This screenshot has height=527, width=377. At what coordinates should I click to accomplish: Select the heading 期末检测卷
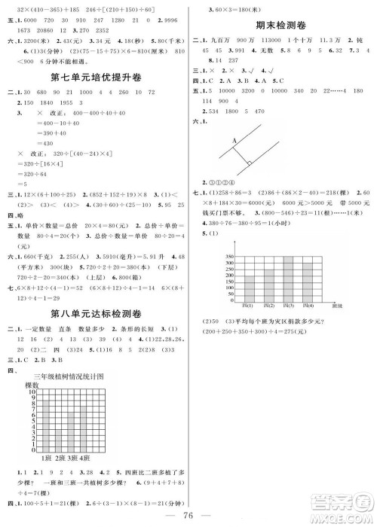pos(280,25)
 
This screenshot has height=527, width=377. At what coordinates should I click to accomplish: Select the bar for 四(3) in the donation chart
pos(287,279)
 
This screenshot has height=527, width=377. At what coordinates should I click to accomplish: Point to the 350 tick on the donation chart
pos(228,257)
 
